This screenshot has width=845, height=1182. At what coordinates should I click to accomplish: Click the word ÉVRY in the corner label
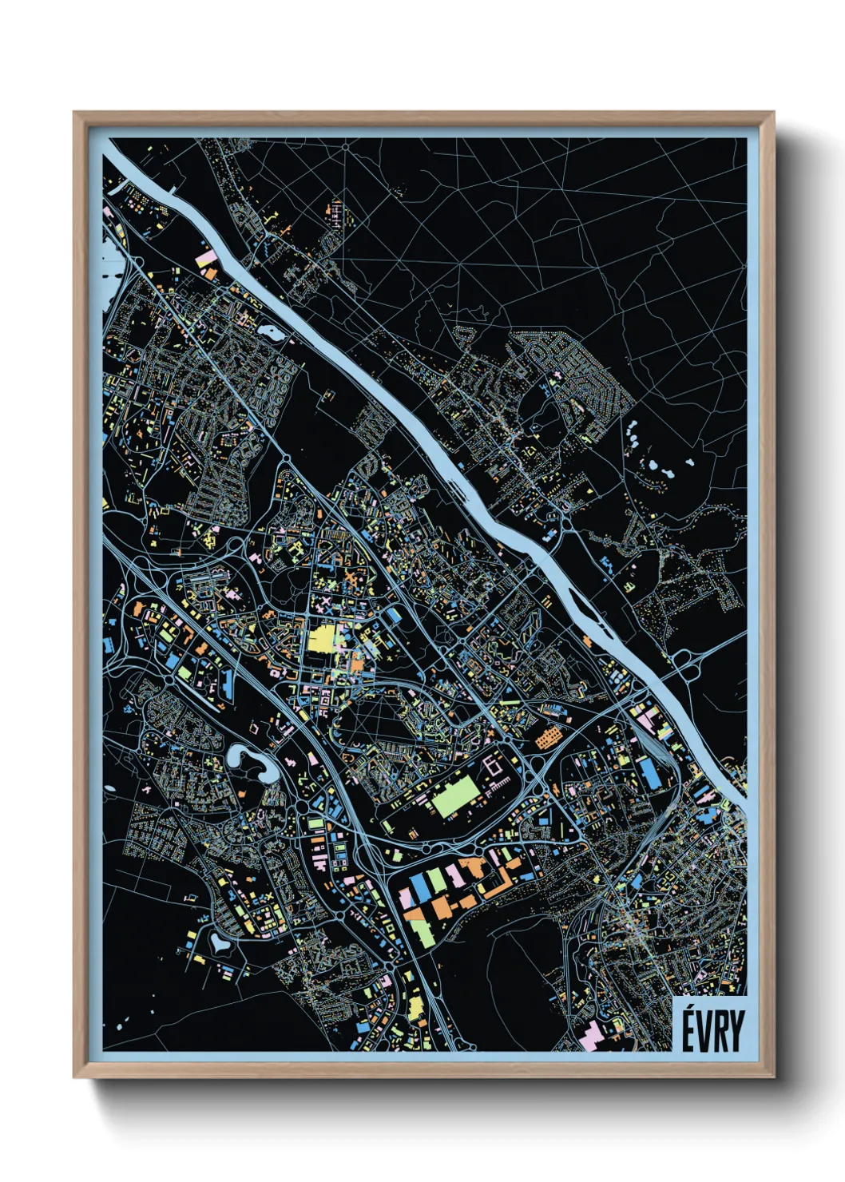tap(712, 1030)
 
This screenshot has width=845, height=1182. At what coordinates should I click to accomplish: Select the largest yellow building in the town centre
tap(321, 640)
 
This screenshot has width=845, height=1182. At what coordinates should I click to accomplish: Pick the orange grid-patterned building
tap(547, 738)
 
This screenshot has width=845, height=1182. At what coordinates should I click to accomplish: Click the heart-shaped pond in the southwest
tap(219, 943)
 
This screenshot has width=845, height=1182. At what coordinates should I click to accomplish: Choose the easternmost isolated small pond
tap(688, 462)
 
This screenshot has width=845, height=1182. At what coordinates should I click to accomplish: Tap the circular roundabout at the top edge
tap(345, 147)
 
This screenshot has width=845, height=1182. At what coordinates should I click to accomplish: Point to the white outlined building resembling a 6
tap(495, 768)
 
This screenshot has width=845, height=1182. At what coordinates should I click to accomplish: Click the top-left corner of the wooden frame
tap(76, 114)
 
